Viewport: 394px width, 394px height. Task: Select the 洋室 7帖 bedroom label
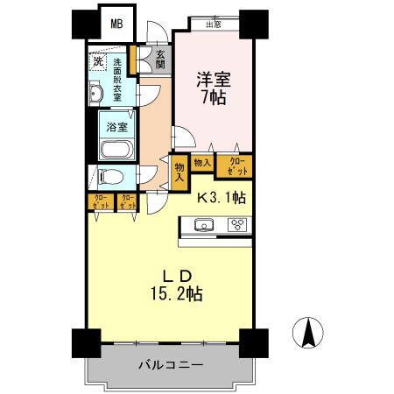[214, 87]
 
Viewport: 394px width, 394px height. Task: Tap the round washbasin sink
[96, 95]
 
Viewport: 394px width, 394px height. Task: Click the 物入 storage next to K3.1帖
[179, 171]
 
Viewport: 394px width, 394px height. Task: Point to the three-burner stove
[237, 224]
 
